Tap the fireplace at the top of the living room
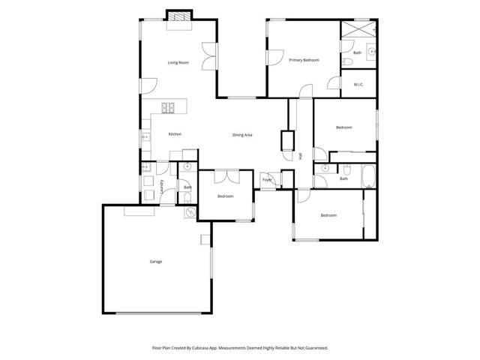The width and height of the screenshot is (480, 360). point(178,16)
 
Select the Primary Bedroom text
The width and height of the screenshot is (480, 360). point(304,60)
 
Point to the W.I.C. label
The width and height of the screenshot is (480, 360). point(358,84)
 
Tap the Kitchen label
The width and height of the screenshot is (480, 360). point(175,134)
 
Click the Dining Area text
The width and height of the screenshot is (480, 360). point(241,135)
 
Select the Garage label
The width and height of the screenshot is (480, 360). point(156,262)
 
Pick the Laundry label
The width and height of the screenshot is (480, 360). point(163,186)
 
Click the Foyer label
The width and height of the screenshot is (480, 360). point(266,180)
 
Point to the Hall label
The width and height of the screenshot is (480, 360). point(301,156)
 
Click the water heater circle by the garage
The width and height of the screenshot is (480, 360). point(190,213)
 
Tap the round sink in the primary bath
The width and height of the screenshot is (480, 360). point(370,52)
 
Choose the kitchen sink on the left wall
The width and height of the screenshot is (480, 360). point(144,137)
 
